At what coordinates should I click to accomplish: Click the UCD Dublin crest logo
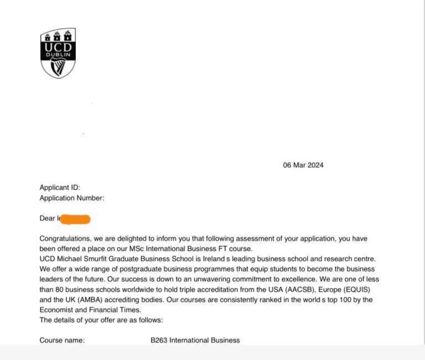58,53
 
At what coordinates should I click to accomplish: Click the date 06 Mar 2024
303,165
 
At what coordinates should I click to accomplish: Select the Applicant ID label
60,188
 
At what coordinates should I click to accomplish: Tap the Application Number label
71,198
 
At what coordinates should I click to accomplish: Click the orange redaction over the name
74,219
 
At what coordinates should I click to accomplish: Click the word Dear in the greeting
48,219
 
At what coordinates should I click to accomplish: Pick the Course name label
62,340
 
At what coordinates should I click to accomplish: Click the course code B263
159,340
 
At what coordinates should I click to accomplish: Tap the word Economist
59,310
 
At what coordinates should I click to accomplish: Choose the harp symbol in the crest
58,67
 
